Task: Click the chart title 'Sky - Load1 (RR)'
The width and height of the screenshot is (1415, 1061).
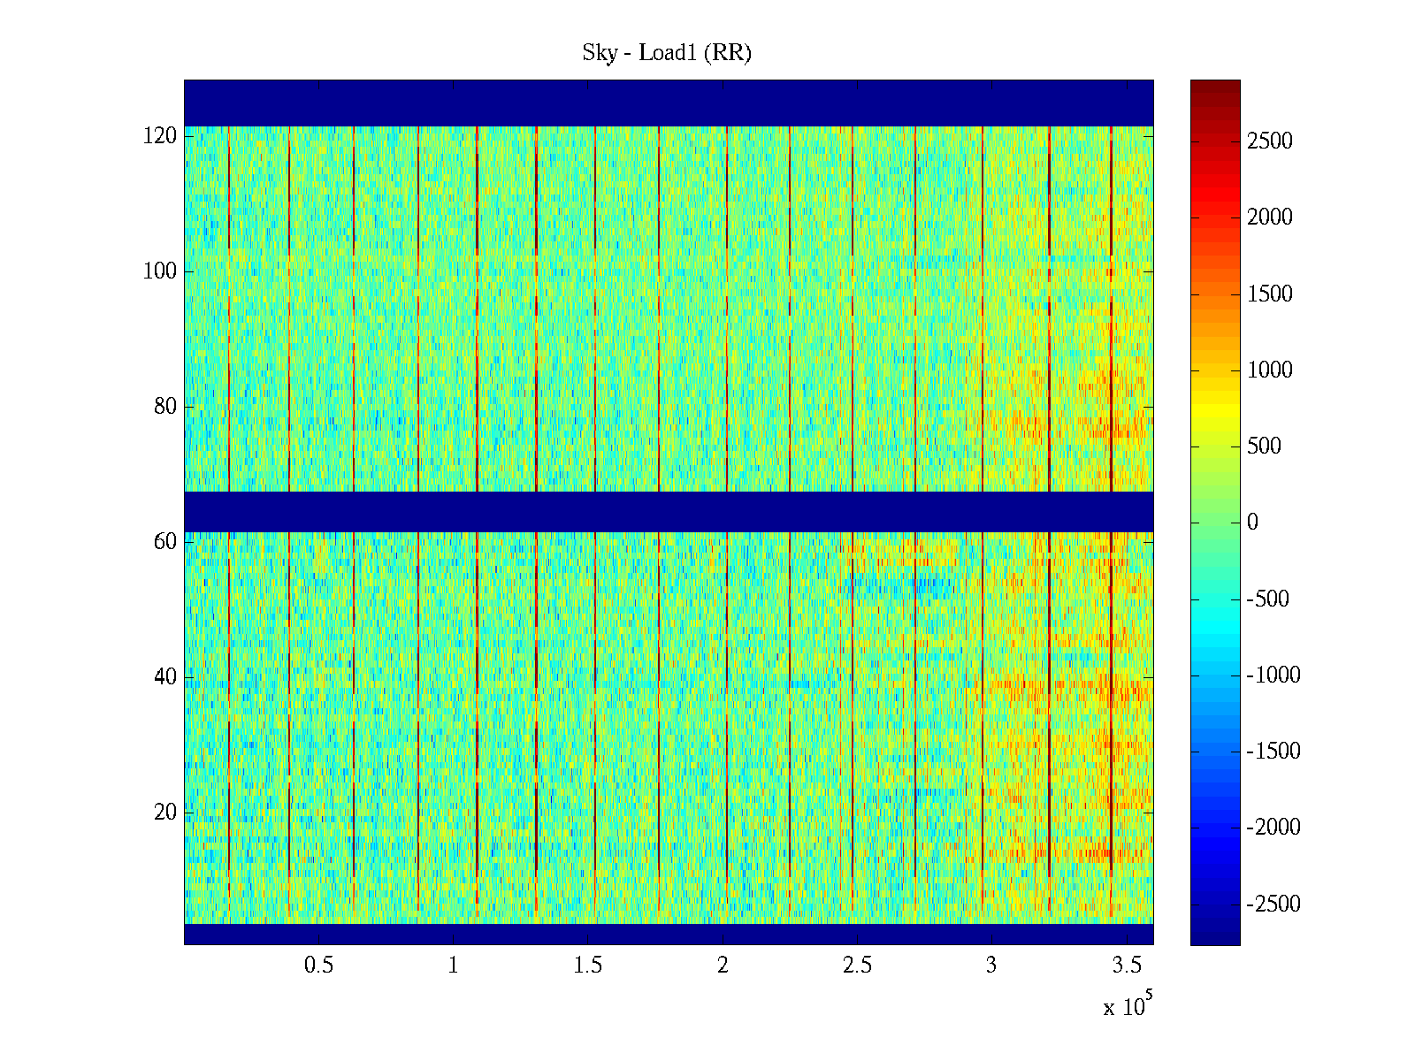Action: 667,53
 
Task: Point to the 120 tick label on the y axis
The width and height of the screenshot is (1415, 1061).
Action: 160,136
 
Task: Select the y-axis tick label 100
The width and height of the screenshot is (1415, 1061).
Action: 160,271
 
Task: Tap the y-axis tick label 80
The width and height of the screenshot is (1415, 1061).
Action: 165,407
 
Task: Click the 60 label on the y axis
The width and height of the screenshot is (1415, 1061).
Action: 165,541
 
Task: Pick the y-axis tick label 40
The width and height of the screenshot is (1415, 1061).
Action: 165,677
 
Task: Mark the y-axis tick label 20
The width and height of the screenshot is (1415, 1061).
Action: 165,812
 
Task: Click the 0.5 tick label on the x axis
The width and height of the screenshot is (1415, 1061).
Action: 319,966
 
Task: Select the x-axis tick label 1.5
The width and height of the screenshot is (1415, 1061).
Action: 588,966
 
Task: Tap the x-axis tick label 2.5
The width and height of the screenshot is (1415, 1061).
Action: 857,966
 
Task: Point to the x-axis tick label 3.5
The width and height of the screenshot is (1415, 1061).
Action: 1127,966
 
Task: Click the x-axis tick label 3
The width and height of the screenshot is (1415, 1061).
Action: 991,966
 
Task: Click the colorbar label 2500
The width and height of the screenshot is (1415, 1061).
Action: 1270,141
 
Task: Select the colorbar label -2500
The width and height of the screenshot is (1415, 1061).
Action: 1273,905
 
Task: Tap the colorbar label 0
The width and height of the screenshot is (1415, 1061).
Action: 1252,523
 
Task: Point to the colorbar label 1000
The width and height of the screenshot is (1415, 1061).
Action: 1270,370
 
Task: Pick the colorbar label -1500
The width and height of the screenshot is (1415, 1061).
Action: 1273,752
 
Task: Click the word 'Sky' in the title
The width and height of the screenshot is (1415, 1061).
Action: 599,53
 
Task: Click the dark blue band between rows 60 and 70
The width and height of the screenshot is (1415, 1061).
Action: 669,511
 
